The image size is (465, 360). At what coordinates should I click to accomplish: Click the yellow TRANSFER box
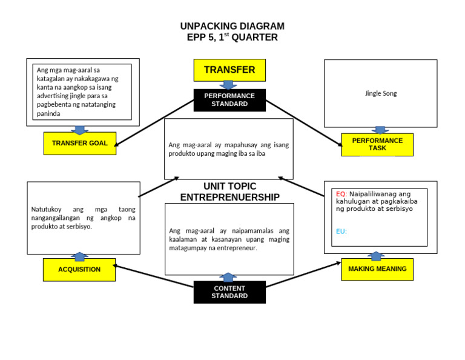[x=229, y=70]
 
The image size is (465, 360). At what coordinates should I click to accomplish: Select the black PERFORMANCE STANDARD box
[x=229, y=100]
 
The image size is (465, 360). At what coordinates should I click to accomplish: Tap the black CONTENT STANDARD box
[x=229, y=292]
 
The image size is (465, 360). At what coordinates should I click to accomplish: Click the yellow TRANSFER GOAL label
[x=79, y=144]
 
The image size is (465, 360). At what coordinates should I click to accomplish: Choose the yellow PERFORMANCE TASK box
[x=377, y=144]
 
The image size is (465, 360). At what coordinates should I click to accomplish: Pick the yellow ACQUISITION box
[x=79, y=270]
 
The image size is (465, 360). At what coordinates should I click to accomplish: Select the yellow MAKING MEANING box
[x=377, y=269]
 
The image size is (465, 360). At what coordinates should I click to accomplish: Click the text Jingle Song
[x=381, y=94]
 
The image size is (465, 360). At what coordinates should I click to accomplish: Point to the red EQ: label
[x=341, y=194]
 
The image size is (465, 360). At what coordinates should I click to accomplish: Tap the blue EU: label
[x=341, y=232]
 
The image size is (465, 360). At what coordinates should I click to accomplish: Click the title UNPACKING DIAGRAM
[x=232, y=26]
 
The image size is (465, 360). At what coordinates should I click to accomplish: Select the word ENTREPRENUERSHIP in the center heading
[x=229, y=198]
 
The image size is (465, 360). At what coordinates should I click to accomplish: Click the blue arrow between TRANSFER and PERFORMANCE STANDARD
[x=229, y=85]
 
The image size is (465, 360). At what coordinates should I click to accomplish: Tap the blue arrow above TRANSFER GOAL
[x=79, y=130]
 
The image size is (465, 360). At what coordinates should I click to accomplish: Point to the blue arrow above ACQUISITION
[x=79, y=256]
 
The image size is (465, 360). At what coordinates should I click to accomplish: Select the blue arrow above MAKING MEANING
[x=376, y=256]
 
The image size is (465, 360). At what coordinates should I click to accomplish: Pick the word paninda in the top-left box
[x=49, y=113]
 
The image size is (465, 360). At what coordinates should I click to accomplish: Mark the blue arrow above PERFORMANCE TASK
[x=380, y=130]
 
